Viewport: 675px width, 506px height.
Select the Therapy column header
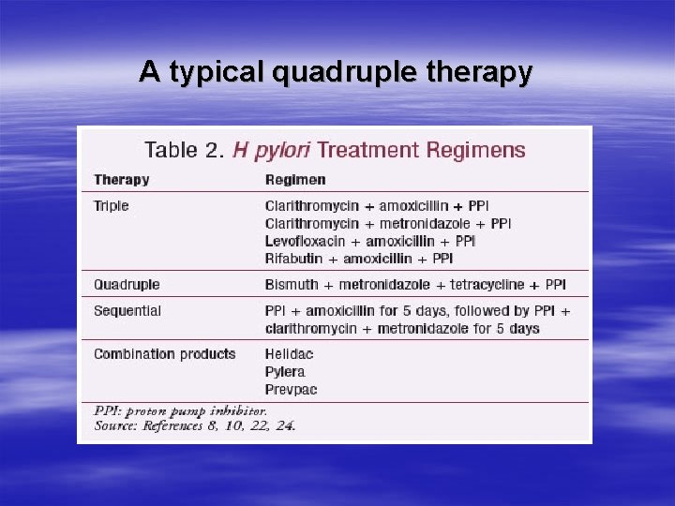point(121,179)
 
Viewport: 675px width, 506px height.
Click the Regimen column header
point(295,179)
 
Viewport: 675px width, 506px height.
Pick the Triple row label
point(111,205)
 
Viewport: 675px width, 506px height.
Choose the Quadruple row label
point(127,284)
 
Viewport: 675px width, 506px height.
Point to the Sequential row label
point(127,310)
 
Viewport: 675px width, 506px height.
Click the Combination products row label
point(164,354)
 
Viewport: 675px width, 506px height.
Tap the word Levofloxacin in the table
point(305,241)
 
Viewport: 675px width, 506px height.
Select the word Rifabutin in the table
point(297,258)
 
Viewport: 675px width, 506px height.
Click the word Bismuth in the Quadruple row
point(292,284)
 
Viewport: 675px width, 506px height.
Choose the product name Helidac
point(289,354)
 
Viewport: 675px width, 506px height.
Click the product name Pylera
point(285,372)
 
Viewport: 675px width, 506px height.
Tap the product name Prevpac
point(291,389)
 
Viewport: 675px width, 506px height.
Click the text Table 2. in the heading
point(184,150)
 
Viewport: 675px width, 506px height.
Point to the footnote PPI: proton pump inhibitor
point(181,410)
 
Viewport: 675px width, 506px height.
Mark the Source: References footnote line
point(195,425)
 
